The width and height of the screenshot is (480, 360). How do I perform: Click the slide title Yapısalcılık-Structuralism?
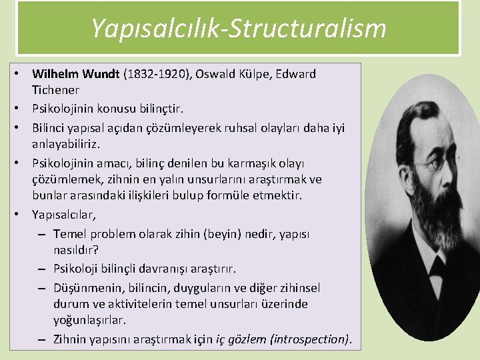tap(238, 28)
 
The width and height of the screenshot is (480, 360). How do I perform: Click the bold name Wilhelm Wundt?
tap(76, 74)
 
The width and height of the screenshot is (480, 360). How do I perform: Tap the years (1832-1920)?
tap(157, 74)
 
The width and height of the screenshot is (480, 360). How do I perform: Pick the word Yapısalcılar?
tap(63, 215)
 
